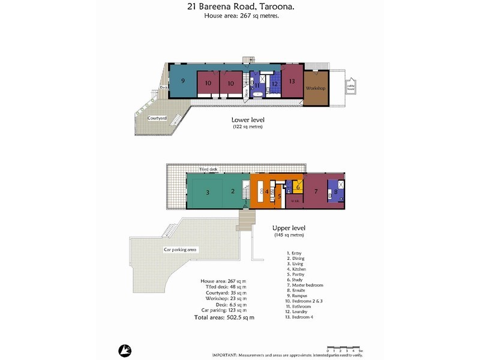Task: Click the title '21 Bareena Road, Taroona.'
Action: [239, 7]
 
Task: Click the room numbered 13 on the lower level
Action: [292, 82]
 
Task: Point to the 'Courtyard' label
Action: [157, 118]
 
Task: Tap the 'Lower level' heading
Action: [248, 120]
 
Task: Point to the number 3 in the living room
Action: [207, 193]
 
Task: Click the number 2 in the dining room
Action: [232, 192]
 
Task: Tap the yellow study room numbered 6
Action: [298, 187]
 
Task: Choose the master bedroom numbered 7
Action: [316, 191]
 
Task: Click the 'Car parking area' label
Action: [181, 250]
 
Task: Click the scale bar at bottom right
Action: [344, 348]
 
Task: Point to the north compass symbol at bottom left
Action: [125, 350]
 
